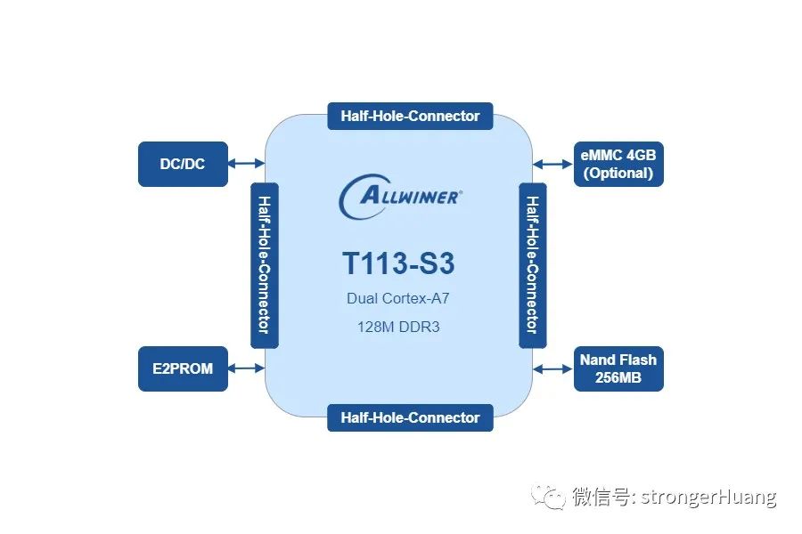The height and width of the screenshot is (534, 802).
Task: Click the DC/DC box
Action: pos(183,164)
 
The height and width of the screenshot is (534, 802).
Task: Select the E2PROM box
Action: pos(183,368)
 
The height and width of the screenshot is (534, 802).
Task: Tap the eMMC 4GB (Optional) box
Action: pos(618,164)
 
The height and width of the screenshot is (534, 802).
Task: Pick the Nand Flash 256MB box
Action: pos(618,368)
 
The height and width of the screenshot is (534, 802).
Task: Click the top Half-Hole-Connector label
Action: pos(410,116)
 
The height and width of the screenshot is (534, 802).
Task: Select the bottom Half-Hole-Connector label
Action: pos(410,417)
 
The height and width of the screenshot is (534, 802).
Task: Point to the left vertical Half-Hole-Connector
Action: pos(264,265)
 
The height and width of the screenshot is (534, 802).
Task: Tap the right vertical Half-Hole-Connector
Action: pos(532,265)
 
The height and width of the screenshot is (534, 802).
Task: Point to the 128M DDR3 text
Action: pos(398,327)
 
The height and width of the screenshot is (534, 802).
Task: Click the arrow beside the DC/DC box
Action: pos(246,164)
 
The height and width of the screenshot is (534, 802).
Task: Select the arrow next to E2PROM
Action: pos(246,368)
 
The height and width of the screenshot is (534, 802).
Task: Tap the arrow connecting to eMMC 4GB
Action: pos(553,164)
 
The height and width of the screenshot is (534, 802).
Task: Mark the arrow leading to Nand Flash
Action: pos(553,368)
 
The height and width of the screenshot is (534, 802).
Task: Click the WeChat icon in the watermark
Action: pos(547,497)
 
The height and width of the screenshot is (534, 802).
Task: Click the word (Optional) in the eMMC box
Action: pos(618,174)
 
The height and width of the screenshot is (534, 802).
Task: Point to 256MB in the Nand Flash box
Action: pos(618,378)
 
